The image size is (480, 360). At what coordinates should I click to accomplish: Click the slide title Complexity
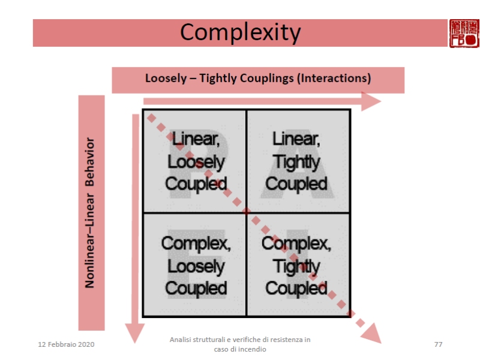pyautogui.click(x=240, y=32)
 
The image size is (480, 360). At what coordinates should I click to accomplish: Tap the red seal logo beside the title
pyautogui.click(x=464, y=32)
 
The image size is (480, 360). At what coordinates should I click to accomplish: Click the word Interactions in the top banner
pyautogui.click(x=337, y=79)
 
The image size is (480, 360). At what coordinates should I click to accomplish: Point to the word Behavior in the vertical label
pyautogui.click(x=91, y=163)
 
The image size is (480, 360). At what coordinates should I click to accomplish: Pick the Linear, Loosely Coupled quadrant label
pyautogui.click(x=196, y=161)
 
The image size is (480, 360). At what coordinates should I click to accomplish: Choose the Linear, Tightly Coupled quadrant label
pyautogui.click(x=296, y=161)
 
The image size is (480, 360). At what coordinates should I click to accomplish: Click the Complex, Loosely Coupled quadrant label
pyautogui.click(x=196, y=266)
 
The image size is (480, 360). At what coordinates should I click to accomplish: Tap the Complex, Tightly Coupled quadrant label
pyautogui.click(x=296, y=266)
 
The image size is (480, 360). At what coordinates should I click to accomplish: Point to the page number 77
pyautogui.click(x=438, y=344)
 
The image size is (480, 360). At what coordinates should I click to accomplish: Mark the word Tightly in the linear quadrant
pyautogui.click(x=296, y=162)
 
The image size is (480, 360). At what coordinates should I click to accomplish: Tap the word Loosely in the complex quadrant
pyautogui.click(x=196, y=266)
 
